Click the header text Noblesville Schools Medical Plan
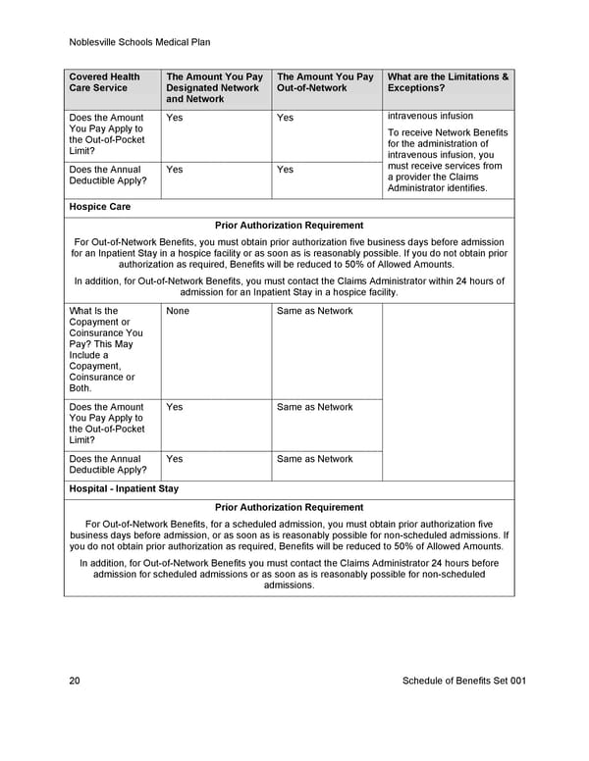140,42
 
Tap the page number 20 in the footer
76,681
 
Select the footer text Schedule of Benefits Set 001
464,681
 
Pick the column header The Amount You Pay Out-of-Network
325,82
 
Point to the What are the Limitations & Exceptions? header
449,82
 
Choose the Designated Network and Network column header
214,88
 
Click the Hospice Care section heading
100,207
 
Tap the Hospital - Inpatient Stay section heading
124,488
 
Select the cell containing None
178,311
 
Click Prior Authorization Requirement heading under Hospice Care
289,226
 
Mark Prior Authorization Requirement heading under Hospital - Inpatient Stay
289,507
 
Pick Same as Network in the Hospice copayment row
314,311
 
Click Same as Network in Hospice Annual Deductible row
314,459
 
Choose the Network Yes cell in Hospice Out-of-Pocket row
175,407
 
